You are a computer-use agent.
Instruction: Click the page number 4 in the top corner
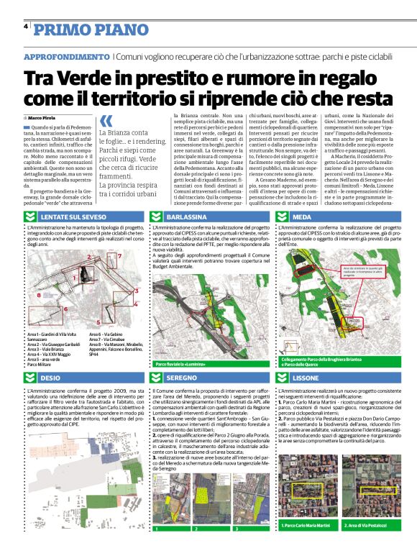(26, 27)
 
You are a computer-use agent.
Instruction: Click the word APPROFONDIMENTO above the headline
(66, 56)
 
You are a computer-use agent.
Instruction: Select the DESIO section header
(50, 377)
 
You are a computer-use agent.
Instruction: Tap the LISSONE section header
(306, 377)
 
